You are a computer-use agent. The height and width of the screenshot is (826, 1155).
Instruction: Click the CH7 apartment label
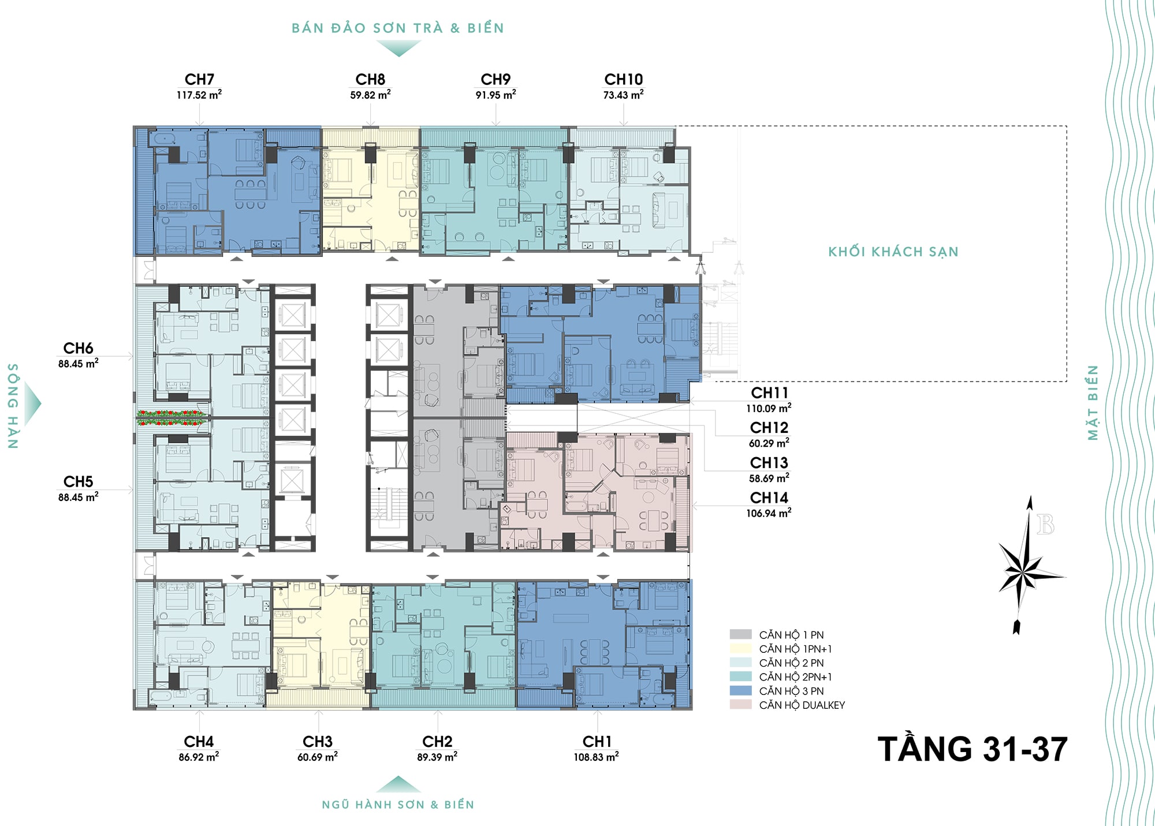199,79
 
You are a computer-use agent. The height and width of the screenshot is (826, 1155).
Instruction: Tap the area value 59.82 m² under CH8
370,95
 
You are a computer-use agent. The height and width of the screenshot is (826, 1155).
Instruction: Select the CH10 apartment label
624,79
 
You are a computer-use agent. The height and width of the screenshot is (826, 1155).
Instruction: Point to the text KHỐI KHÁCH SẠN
893,252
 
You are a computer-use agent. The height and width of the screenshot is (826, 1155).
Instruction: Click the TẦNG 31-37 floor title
973,749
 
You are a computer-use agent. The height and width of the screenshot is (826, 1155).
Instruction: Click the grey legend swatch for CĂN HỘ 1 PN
741,634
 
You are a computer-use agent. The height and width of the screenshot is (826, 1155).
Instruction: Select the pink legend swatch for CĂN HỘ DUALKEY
741,705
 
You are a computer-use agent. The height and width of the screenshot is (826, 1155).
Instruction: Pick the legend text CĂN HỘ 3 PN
791,691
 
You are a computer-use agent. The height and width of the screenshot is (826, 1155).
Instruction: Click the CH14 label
769,498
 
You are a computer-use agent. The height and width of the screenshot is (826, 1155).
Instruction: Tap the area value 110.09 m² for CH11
769,409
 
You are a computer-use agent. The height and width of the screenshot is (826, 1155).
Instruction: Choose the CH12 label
769,428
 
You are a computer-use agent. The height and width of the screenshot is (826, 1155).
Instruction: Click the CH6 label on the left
78,348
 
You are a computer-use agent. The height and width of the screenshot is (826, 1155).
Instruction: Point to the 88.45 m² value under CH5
78,497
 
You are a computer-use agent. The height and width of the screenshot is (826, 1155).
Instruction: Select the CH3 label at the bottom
318,741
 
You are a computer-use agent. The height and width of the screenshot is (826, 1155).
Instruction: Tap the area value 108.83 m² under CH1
596,757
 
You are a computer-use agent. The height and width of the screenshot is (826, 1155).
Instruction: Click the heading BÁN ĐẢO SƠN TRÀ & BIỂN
398,28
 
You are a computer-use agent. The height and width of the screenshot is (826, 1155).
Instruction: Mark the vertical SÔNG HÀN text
13,406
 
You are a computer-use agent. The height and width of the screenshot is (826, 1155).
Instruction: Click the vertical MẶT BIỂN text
1093,402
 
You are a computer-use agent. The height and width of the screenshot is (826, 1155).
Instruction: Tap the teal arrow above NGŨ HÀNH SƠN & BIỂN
398,784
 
